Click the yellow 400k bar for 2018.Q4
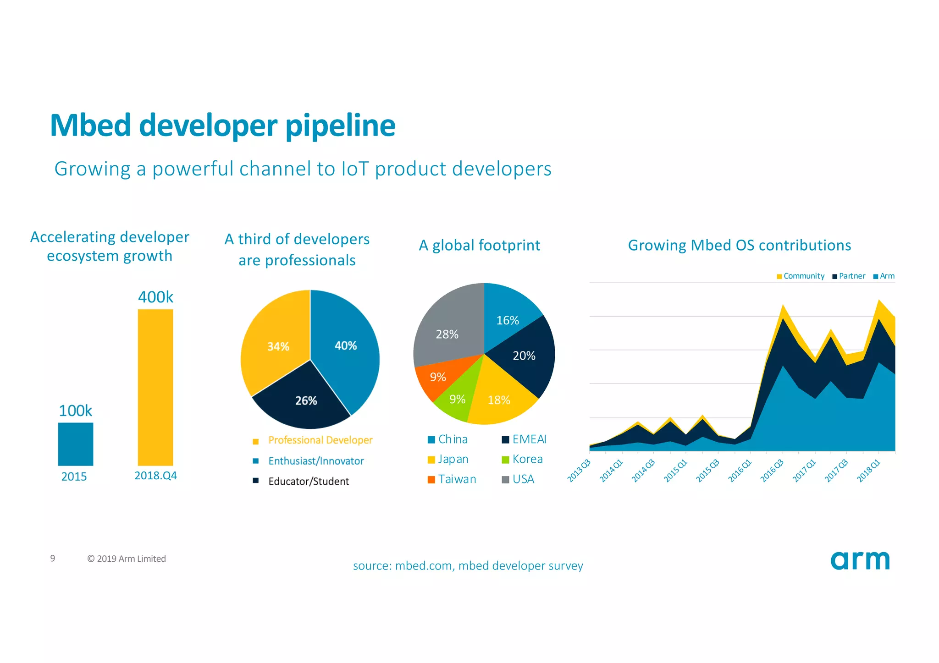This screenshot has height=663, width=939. [x=155, y=387]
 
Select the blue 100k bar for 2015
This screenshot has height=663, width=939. [x=76, y=444]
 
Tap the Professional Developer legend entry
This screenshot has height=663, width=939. [x=320, y=440]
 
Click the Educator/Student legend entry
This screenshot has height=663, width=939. [x=308, y=481]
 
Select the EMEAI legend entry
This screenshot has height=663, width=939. [x=529, y=439]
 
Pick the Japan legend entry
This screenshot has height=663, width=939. [x=453, y=459]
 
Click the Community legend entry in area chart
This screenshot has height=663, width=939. [x=803, y=276]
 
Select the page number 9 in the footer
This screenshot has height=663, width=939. [x=53, y=558]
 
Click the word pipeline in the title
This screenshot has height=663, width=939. [x=340, y=126]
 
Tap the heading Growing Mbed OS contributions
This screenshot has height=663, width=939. [x=739, y=245]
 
